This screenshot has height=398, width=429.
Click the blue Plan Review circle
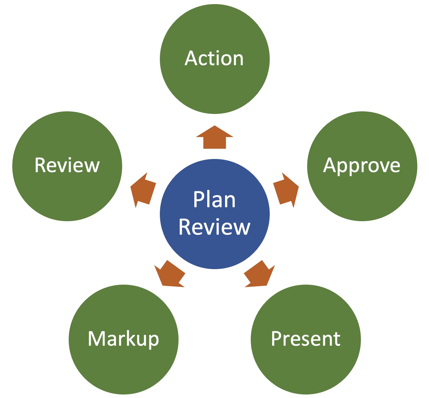214,251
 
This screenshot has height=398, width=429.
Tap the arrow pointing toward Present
258,275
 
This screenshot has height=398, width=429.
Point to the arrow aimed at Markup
170,275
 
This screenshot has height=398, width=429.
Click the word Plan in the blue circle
214,200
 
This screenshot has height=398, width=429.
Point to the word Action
214,58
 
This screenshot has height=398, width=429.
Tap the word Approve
362,166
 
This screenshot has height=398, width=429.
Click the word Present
306,339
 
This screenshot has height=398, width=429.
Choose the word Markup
123,339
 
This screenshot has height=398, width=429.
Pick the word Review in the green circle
67,165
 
